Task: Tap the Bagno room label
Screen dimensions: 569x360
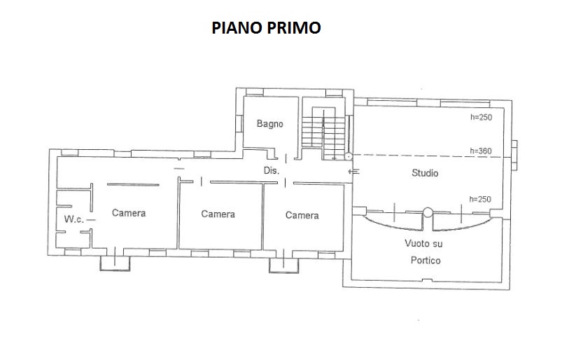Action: pyautogui.click(x=269, y=124)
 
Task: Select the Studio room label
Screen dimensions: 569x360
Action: pyautogui.click(x=425, y=173)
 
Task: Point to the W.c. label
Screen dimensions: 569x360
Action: pyautogui.click(x=74, y=219)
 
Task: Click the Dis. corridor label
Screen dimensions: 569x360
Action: pyautogui.click(x=271, y=170)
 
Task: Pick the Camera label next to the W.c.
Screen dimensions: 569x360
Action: pyautogui.click(x=129, y=213)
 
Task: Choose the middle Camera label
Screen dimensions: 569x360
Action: pyautogui.click(x=218, y=214)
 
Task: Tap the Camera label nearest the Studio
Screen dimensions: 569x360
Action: pyautogui.click(x=302, y=216)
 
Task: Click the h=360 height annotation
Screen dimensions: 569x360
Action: pyautogui.click(x=481, y=151)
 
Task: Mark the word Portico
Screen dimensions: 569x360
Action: pyautogui.click(x=426, y=261)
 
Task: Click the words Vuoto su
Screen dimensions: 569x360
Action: pyautogui.click(x=423, y=244)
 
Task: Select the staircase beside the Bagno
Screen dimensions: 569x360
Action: pyautogui.click(x=323, y=133)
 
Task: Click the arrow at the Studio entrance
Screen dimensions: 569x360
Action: pyautogui.click(x=354, y=171)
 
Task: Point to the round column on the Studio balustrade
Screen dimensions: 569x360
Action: pyautogui.click(x=428, y=212)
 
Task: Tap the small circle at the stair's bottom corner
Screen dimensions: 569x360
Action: pyautogui.click(x=349, y=157)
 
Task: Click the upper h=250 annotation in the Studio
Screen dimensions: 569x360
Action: pyautogui.click(x=482, y=118)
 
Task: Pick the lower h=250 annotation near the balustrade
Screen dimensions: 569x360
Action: pyautogui.click(x=480, y=199)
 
